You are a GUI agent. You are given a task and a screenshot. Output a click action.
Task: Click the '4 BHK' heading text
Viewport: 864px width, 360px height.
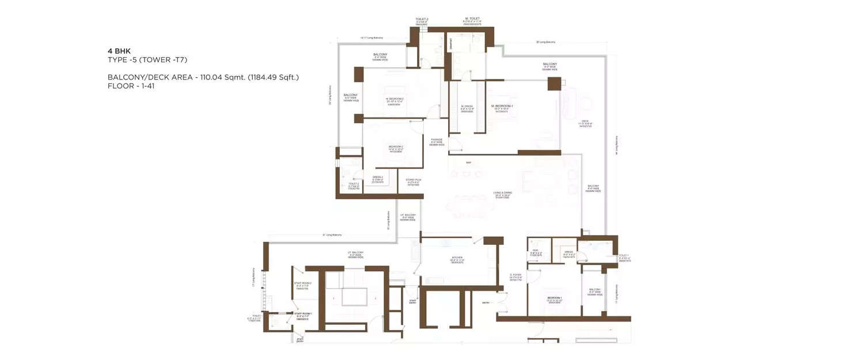point(119,51)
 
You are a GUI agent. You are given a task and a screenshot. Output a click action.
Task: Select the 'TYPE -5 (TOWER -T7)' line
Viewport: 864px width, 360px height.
point(147,60)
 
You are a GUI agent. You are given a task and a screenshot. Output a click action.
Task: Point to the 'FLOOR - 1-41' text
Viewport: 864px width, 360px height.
point(131,86)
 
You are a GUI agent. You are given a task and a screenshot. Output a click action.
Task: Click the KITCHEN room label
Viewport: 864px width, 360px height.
point(457,259)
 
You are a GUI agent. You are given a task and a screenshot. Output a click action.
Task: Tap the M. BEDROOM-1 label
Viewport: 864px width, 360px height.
point(502,106)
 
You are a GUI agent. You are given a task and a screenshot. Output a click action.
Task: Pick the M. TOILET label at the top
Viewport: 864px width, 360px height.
point(472,18)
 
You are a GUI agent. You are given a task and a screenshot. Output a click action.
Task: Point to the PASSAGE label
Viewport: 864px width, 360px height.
point(437,139)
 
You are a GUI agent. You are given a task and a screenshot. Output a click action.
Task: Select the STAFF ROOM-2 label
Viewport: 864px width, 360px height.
point(302,283)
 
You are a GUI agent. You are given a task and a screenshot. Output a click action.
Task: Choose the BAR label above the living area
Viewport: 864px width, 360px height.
point(468,163)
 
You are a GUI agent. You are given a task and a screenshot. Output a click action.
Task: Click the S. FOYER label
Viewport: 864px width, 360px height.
point(516,275)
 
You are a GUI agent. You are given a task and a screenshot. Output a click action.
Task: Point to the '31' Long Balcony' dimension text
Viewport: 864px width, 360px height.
point(332,235)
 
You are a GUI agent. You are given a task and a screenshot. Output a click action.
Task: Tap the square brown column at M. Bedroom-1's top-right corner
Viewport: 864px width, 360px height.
point(554,84)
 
